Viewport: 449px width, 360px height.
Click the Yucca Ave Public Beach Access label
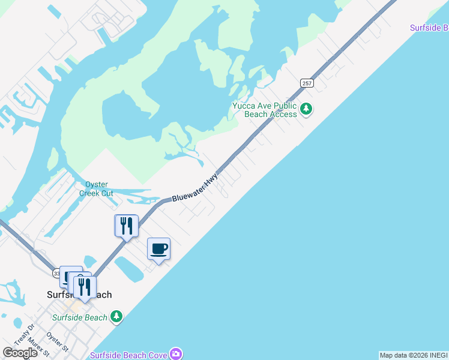(264, 110)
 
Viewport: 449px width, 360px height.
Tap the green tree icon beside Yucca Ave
(307, 109)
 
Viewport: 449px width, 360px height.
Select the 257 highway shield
(307, 83)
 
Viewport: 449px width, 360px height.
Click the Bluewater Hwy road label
(194, 189)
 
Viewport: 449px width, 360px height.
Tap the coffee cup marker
(159, 249)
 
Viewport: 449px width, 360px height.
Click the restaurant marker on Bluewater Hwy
(126, 226)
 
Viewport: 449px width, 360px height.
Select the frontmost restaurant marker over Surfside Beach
(85, 286)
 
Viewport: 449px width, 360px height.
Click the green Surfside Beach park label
(80, 317)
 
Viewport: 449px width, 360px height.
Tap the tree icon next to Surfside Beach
(116, 316)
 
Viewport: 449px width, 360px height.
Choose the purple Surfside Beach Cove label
(128, 355)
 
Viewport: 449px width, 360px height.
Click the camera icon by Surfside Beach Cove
(175, 353)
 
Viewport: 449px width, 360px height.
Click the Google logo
(20, 353)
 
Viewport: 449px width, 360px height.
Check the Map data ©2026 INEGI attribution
(414, 355)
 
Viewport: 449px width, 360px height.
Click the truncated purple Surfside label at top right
(429, 28)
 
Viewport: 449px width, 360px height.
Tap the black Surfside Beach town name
(79, 295)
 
